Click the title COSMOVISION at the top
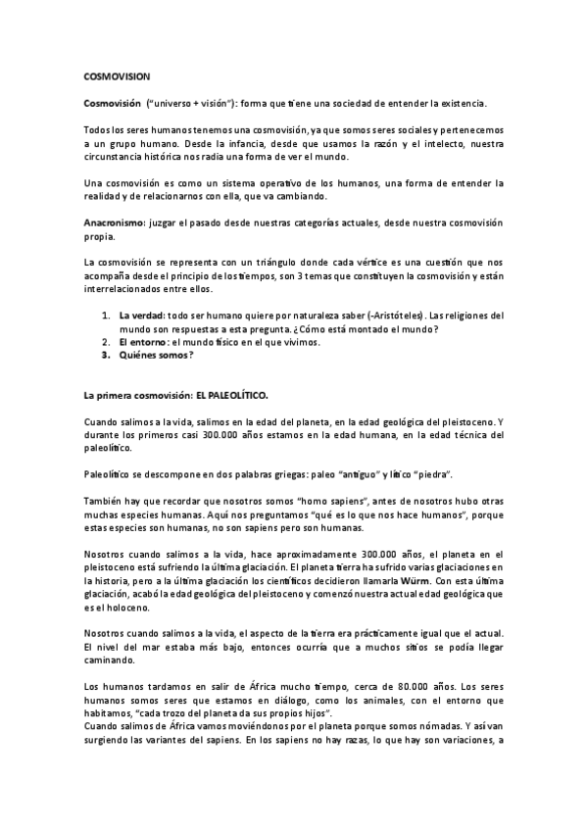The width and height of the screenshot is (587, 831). click(117, 74)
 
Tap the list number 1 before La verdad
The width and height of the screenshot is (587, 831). click(106, 316)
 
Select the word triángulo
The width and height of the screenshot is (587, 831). click(284, 263)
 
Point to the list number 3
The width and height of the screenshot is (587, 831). click(106, 356)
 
